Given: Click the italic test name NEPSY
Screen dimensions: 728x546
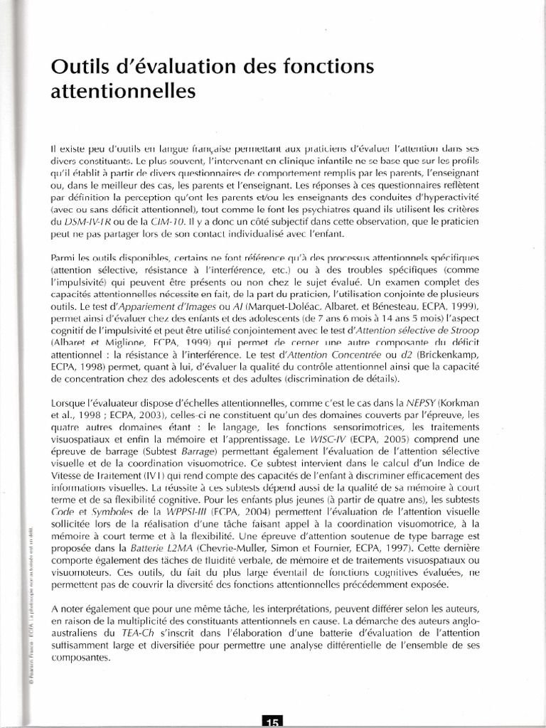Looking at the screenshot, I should pyautogui.click(x=422, y=402).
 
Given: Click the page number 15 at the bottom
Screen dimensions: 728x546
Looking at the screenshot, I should pyautogui.click(x=272, y=721).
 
